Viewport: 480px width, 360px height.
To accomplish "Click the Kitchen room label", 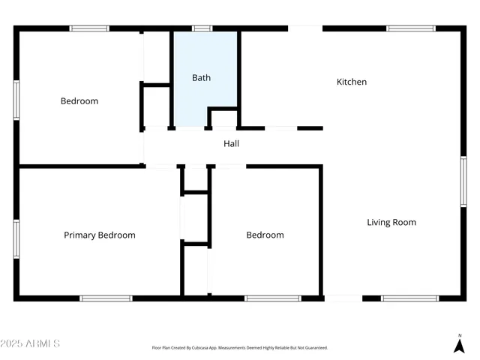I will pos(351,82).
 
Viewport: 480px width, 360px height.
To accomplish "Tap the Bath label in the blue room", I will pos(201,77).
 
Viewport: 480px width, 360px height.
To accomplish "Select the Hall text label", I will pos(231,143).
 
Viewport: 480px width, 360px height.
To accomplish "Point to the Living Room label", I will pos(391,222).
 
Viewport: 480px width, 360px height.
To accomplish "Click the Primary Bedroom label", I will pos(99,235).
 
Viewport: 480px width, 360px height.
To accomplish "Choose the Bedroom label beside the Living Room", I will pos(265,235).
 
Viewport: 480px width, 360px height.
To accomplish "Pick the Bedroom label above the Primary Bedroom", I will pos(79,100).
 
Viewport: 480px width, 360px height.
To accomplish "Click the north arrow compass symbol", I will pos(459,344).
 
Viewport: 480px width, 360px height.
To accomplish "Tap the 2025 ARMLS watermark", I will pos(30,343).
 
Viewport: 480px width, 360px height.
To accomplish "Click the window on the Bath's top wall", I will pos(202,28).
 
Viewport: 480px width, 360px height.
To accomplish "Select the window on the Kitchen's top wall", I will pos(410,28).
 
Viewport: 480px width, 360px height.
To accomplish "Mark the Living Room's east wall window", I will pos(463,181).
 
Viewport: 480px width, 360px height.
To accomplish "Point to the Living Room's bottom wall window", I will pos(409,298).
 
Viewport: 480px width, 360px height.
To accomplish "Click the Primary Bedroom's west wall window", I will pos(16,239).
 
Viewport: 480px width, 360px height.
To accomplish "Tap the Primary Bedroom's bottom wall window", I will pos(106,298).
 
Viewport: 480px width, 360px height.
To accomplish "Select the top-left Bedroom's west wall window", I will pos(16,100).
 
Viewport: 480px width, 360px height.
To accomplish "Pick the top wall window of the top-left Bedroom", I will pos(89,28).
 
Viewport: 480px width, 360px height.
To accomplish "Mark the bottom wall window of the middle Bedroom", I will pos(273,298).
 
